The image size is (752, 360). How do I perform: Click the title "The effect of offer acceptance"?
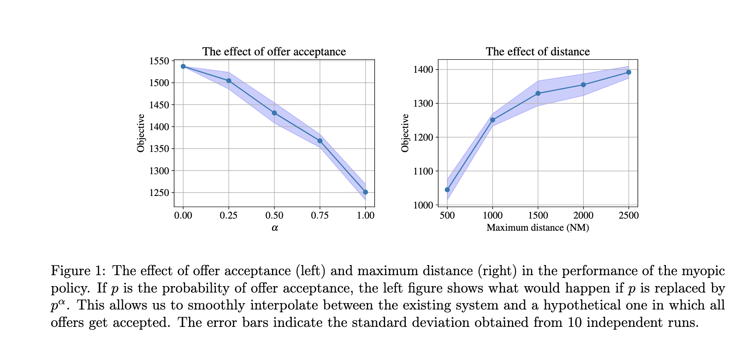point(274,52)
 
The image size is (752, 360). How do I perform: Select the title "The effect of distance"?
point(537,52)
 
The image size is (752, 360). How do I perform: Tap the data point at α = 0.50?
point(274,113)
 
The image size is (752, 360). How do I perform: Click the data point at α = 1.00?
point(365,192)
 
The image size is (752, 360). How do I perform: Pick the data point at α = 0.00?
point(183,66)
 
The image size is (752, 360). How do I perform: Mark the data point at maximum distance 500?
point(447,190)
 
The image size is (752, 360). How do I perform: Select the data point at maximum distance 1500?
point(538,93)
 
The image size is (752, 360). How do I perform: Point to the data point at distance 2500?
point(628,72)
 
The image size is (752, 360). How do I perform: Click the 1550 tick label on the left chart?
point(159,61)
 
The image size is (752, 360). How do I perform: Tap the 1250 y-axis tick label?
point(159,193)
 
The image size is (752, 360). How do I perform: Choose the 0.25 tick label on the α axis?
point(228,216)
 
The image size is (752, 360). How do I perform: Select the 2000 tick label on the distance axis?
point(583,216)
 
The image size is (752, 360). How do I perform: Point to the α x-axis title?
point(275,228)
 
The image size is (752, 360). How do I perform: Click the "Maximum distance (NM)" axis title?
point(537,228)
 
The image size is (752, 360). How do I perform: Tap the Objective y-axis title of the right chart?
point(405,133)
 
